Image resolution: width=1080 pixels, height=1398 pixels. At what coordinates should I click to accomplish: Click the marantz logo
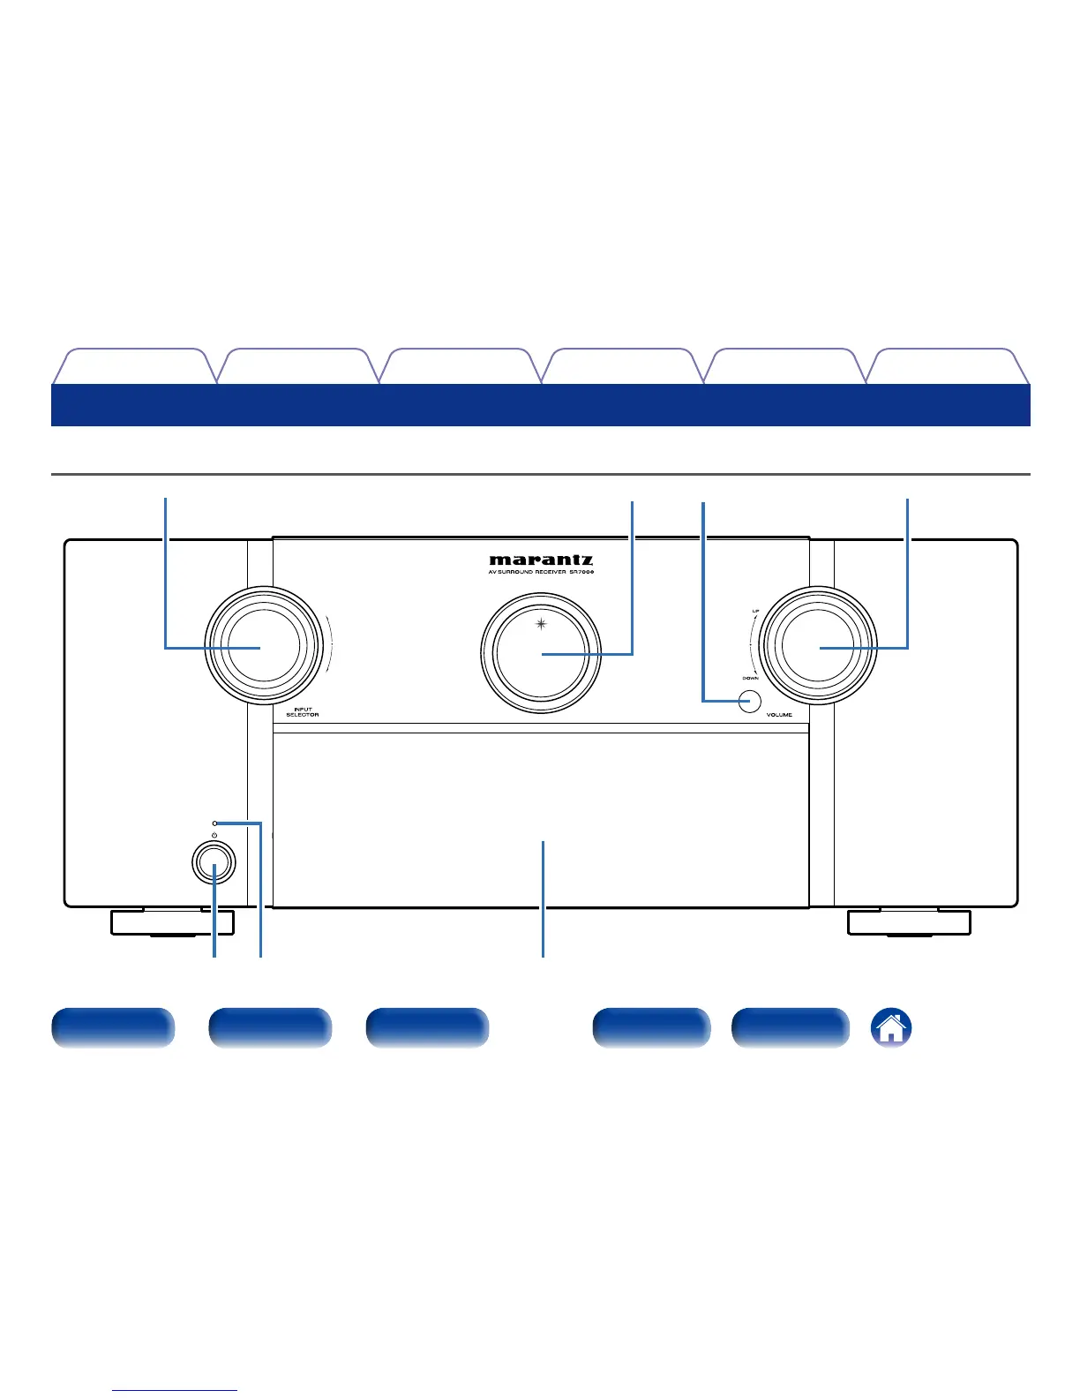click(x=541, y=560)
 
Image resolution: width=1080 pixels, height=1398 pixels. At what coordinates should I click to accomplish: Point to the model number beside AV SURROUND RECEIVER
click(x=581, y=572)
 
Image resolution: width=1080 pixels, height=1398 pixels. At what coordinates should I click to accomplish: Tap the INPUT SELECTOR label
click(x=302, y=711)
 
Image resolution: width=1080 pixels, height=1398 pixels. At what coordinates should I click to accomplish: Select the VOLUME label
click(x=779, y=714)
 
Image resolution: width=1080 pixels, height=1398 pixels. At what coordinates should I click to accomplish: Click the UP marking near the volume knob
click(x=755, y=611)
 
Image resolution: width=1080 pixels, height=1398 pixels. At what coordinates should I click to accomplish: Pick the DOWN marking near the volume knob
click(x=750, y=678)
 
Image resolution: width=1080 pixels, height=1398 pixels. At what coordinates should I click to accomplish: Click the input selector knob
click(x=262, y=647)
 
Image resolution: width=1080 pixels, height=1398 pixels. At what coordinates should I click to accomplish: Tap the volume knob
click(x=818, y=647)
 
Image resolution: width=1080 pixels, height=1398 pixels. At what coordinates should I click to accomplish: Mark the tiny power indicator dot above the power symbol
click(x=214, y=823)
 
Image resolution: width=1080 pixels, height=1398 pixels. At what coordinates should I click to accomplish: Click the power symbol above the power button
click(x=214, y=834)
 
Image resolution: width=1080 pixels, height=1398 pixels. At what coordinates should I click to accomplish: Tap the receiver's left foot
click(x=172, y=922)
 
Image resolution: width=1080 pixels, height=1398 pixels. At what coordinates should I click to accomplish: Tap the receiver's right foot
click(x=909, y=922)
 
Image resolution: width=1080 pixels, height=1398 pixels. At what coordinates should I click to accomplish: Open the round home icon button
click(x=891, y=1028)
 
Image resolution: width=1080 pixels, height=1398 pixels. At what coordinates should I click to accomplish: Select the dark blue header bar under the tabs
click(x=541, y=405)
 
